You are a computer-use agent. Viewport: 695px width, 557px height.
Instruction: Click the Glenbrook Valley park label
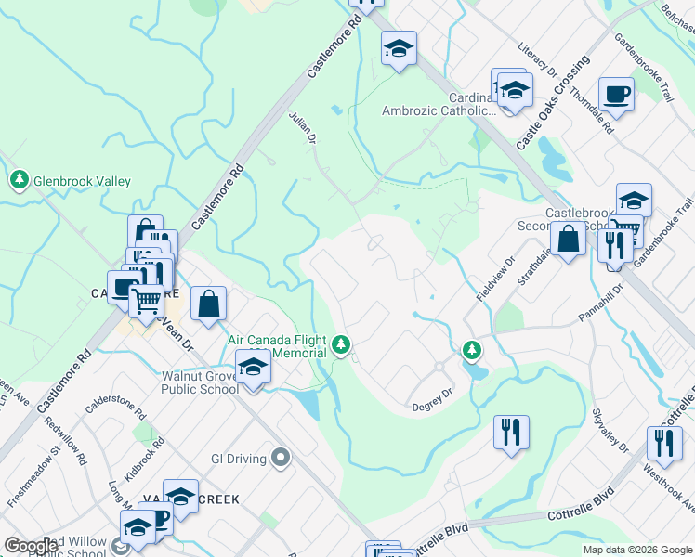82,181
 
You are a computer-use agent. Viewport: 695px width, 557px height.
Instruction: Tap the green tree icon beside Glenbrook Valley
19,179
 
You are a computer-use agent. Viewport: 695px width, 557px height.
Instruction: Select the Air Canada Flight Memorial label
278,346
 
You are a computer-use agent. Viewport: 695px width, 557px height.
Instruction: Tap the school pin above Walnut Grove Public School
252,367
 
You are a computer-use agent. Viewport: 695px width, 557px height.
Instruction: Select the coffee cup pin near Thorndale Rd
615,93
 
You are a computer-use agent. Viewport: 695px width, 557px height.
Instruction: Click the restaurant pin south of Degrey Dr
512,432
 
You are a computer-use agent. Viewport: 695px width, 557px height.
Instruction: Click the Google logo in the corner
31,546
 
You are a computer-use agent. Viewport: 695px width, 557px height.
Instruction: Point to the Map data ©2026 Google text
637,550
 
